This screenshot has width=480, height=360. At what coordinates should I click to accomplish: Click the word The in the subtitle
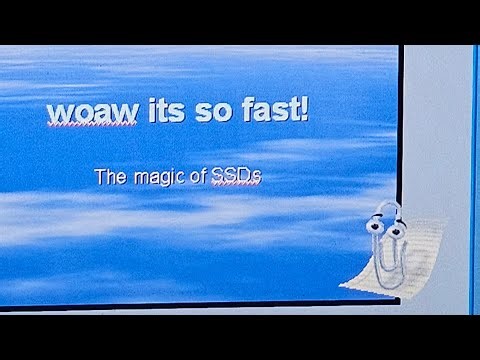[109, 178]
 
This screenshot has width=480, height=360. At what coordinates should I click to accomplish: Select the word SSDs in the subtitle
[236, 178]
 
